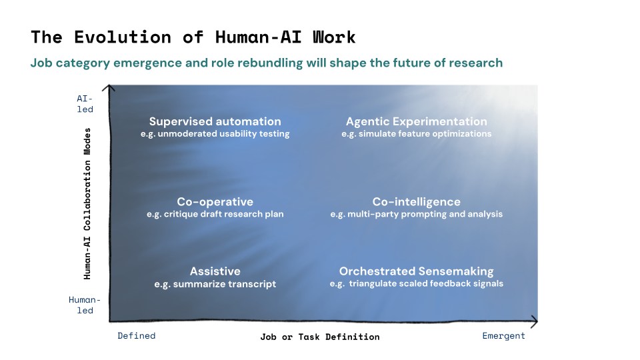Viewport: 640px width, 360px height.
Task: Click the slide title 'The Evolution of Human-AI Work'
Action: (193, 37)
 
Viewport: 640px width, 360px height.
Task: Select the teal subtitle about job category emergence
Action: (267, 63)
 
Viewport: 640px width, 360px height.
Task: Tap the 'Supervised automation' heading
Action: (215, 121)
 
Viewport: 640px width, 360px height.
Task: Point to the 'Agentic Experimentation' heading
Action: (416, 121)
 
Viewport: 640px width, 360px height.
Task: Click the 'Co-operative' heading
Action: (215, 202)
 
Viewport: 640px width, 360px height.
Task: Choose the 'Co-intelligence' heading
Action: (416, 202)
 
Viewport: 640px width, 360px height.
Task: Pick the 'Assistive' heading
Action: (215, 271)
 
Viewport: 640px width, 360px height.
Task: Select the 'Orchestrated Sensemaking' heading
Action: (416, 271)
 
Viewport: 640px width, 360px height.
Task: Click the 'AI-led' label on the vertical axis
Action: (85, 103)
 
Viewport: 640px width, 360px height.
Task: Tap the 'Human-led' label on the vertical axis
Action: (85, 305)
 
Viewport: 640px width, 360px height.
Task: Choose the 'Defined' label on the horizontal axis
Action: (136, 336)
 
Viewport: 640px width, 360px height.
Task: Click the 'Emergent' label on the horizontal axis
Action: (503, 336)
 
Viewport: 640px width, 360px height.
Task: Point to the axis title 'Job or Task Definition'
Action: (319, 337)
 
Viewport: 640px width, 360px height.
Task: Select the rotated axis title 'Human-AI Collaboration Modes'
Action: (87, 203)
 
